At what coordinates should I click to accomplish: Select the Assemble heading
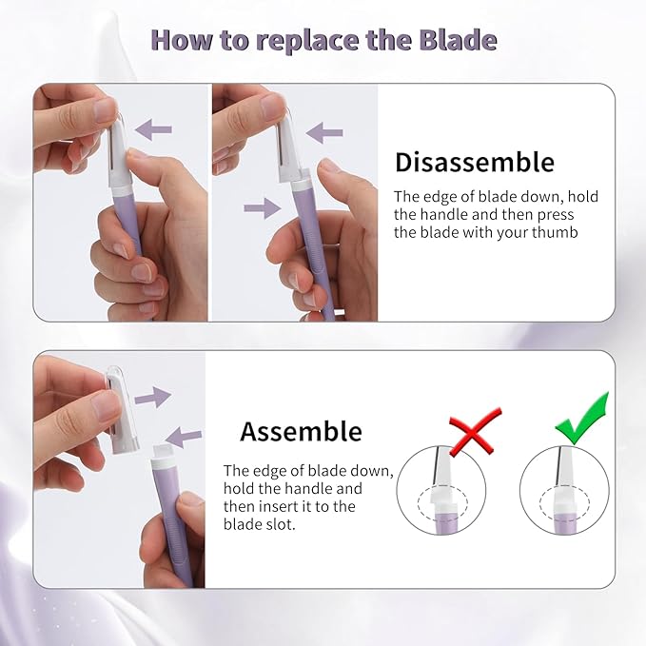(301, 431)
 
